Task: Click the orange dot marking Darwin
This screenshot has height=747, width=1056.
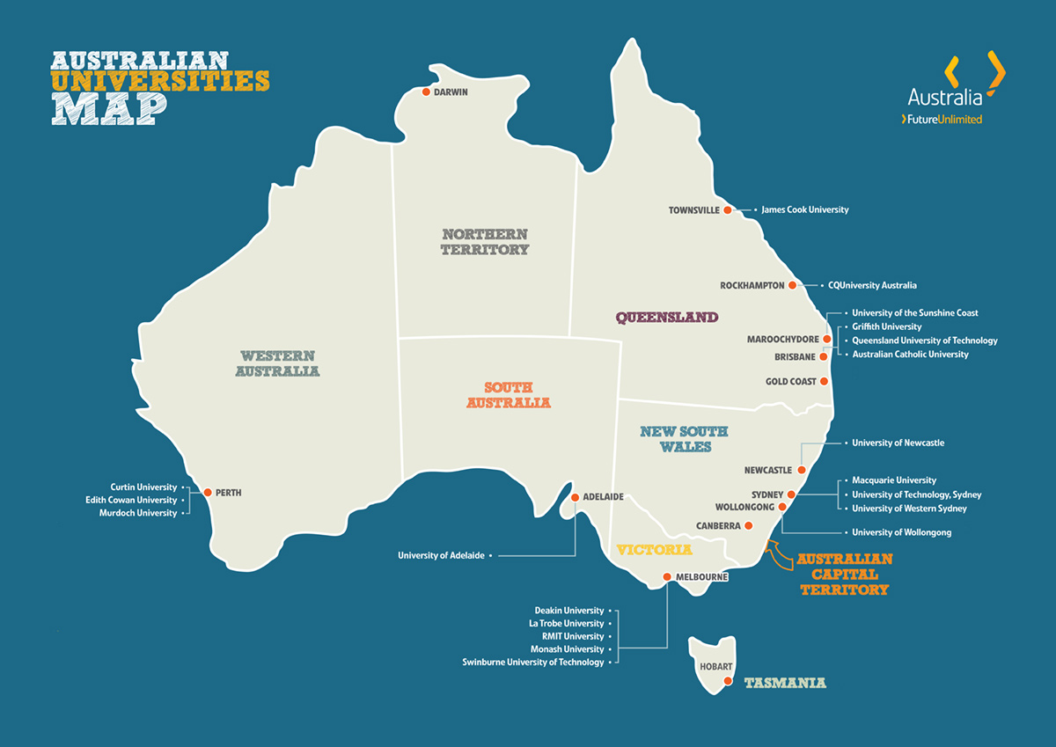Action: [426, 92]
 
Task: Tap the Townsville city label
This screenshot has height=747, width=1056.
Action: [694, 210]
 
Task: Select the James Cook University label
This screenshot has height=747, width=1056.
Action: [804, 210]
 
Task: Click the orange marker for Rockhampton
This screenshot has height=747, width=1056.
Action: [793, 285]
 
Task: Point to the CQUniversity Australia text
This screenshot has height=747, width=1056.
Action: [872, 285]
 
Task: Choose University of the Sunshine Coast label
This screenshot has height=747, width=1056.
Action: [914, 313]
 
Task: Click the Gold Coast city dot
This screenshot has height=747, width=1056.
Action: [825, 381]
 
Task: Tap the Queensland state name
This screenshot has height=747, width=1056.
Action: [666, 318]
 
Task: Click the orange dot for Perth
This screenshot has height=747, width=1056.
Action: [207, 493]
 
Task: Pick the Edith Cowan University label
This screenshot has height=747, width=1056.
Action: [138, 500]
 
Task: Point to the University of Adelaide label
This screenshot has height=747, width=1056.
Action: [441, 555]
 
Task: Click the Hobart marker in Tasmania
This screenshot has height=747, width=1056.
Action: [728, 681]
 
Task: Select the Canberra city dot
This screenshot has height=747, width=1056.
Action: [749, 525]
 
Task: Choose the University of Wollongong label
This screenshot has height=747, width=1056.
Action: [901, 532]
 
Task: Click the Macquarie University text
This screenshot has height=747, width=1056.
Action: [894, 480]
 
